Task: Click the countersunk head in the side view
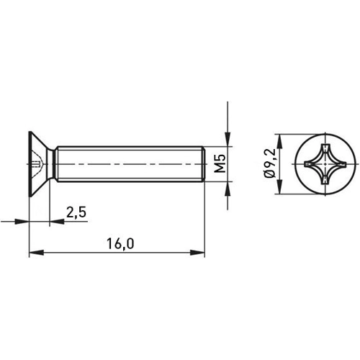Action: [x=42, y=166]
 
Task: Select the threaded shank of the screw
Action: [x=130, y=166]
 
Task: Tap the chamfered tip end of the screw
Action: [x=203, y=166]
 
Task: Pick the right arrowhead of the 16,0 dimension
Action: [x=201, y=253]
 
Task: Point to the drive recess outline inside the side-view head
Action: [x=40, y=166]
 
